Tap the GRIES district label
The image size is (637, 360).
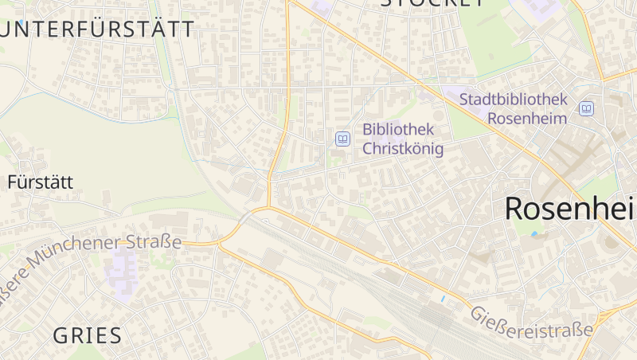tap(88, 335)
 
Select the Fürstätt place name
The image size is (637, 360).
tap(40, 182)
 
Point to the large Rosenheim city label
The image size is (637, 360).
tap(570, 208)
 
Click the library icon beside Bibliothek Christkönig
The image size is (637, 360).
tap(342, 139)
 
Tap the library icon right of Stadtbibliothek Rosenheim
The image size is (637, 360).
tap(586, 108)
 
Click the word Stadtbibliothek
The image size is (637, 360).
tap(514, 100)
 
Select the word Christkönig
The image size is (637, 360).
tap(402, 148)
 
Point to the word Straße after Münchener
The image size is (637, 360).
tap(159, 241)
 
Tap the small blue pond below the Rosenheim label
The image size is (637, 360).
tap(533, 233)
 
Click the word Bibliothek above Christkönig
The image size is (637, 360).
tap(397, 129)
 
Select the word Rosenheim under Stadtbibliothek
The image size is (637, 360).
tap(527, 118)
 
